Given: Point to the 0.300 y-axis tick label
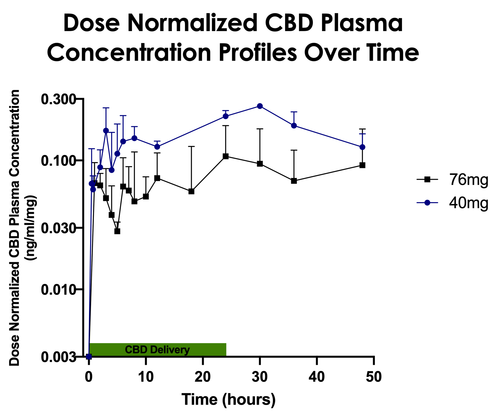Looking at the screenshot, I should click(58, 99).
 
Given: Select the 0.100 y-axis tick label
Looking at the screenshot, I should click(58, 160).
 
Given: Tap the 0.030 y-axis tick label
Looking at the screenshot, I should click(58, 228).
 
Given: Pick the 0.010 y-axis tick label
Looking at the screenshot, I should click(58, 289).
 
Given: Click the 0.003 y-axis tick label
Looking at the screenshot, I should click(58, 357).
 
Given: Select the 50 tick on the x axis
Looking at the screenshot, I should click(374, 377).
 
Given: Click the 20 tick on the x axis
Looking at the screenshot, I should click(203, 377).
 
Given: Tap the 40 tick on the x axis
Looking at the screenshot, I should click(317, 377).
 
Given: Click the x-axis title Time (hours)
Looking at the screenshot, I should click(228, 400).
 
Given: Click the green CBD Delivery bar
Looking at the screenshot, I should click(157, 349).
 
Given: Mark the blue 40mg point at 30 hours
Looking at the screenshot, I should click(260, 106).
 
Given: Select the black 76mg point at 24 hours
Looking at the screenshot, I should click(226, 156).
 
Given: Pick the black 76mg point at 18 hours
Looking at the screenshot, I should click(191, 191).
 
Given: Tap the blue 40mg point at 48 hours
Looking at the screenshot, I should click(362, 147).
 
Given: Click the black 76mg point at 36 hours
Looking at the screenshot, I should click(294, 181).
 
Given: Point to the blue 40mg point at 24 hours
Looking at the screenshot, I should click(226, 116).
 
